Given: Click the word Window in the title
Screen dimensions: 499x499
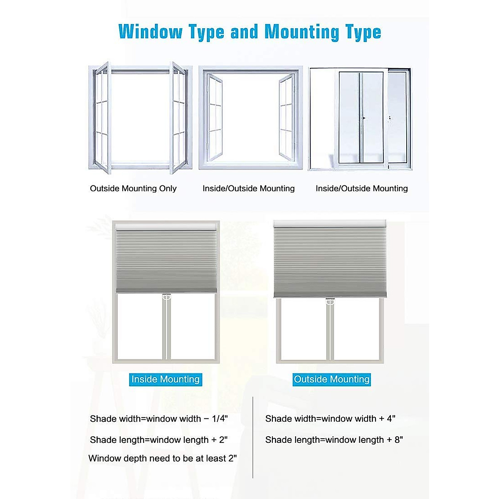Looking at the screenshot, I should click(151, 32).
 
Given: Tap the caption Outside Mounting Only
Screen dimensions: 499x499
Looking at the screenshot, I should click(133, 188).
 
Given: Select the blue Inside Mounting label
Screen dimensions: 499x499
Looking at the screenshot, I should click(166, 379).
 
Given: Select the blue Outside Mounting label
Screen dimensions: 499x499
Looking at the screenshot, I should click(331, 379).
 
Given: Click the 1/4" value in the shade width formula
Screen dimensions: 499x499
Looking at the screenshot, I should click(220, 419).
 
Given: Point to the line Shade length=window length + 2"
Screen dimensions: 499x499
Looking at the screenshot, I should click(158, 440).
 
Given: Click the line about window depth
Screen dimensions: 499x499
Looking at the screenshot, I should click(163, 458).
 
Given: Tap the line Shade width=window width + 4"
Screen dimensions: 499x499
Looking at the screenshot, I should click(330, 419).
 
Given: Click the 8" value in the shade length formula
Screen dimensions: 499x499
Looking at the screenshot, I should click(398, 440).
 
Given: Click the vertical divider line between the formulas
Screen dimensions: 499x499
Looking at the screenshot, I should click(253, 437).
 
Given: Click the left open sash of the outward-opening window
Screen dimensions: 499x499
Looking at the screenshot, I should click(101, 119).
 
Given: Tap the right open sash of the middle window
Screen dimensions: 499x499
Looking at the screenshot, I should click(287, 119).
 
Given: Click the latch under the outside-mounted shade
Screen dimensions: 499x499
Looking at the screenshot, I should click(330, 301).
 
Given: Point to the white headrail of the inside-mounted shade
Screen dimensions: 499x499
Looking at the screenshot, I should click(166, 226).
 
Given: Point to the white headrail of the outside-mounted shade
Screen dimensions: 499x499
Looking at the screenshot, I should click(330, 224).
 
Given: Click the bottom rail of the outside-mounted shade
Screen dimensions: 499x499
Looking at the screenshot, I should click(330, 295).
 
